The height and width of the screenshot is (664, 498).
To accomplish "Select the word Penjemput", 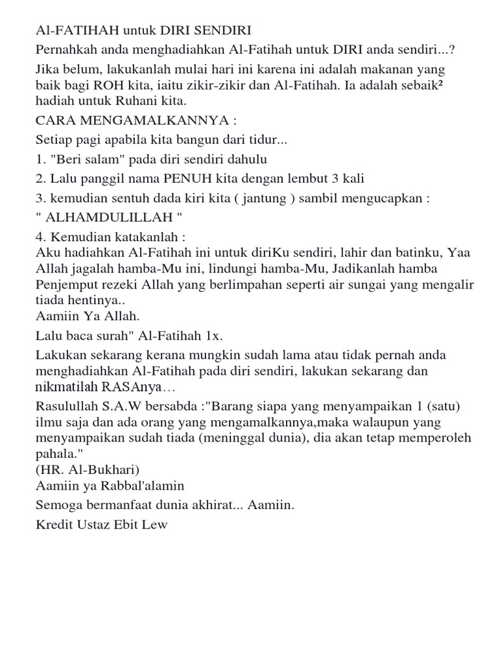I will tap(67, 285).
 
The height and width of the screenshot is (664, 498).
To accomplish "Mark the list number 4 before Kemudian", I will tap(40, 237).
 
